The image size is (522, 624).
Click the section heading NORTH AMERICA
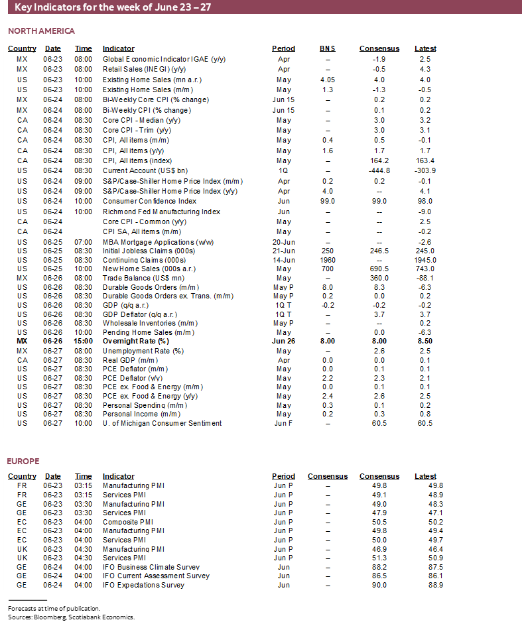click(41, 31)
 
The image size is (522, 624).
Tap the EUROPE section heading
click(23, 461)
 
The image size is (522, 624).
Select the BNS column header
click(327, 48)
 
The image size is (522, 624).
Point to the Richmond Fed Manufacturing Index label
click(161, 212)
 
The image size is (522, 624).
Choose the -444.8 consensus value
click(379, 170)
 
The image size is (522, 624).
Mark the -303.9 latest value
click(424, 170)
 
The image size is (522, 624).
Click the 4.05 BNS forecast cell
click(327, 80)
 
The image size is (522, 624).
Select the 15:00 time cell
click(84, 341)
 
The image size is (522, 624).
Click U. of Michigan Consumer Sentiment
click(162, 423)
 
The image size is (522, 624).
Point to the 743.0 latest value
click(424, 269)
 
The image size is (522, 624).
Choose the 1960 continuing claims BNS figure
click(327, 260)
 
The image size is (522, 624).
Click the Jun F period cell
click(283, 423)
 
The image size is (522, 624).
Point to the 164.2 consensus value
click(379, 160)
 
